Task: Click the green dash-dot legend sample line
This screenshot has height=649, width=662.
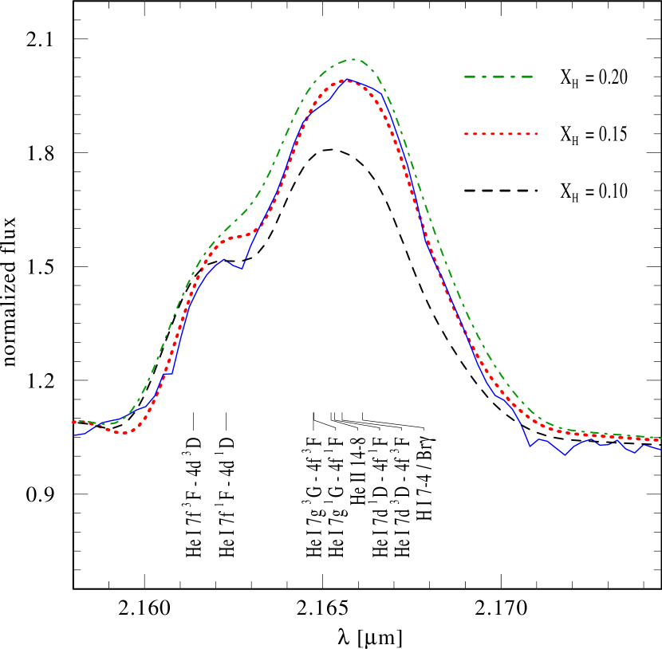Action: (x=498, y=77)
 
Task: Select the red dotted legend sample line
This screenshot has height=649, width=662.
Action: (x=501, y=133)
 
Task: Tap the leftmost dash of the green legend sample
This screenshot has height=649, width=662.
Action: (x=473, y=77)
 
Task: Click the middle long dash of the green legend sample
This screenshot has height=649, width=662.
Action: (x=498, y=77)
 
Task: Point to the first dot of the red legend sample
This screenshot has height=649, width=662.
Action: (x=467, y=133)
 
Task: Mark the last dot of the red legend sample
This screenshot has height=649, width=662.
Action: (x=536, y=133)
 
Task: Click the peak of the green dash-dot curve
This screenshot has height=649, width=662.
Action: (x=353, y=59)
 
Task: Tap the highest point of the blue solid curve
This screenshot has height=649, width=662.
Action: (x=347, y=80)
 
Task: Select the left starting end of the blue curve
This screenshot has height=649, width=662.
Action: (x=74, y=435)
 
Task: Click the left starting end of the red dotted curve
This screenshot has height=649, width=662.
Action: (x=73, y=422)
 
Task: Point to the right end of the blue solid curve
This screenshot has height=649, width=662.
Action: (x=660, y=450)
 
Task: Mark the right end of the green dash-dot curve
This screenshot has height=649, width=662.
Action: (x=660, y=439)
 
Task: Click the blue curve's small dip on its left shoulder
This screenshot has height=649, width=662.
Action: (x=241, y=269)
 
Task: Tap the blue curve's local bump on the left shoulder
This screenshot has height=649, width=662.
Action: (x=226, y=259)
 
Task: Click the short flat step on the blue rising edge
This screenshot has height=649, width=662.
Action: (x=169, y=373)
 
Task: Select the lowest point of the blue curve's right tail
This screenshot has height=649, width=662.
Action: (x=565, y=455)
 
